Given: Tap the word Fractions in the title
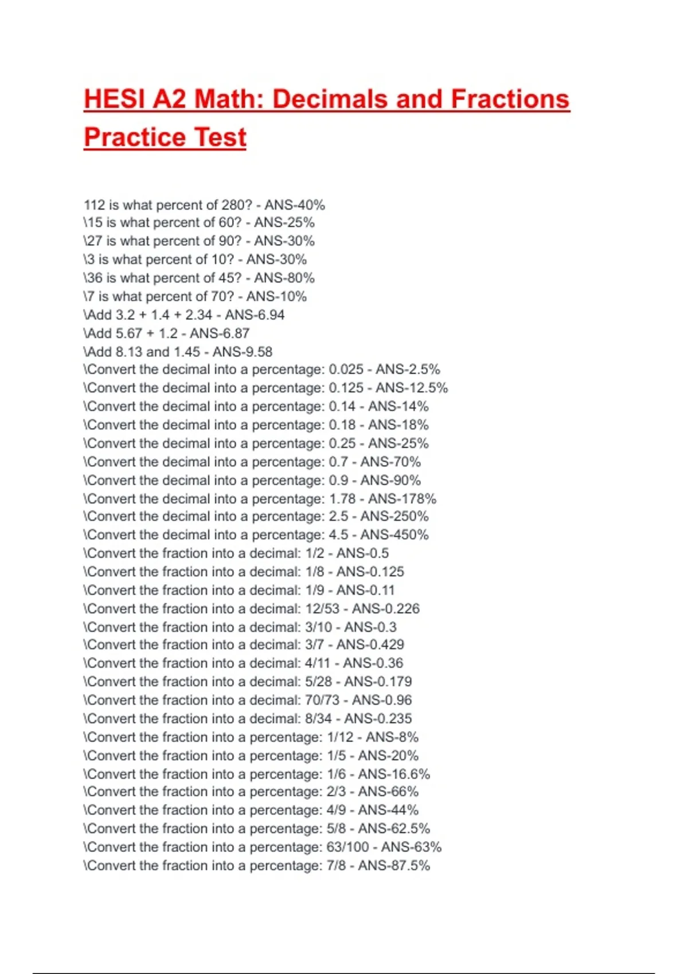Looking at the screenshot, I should coord(510,99).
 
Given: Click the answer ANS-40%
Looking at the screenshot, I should coord(295,205).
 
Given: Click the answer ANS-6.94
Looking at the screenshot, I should coord(255,315).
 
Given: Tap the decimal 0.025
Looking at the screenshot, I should coord(346,370).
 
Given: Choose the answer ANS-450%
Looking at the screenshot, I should coord(394,535).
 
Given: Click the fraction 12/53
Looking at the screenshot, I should coord(322,608).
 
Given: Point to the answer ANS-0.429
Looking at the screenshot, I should coord(370,645).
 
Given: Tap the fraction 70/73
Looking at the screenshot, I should coord(322,700).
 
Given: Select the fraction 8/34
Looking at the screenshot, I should coord(318,718).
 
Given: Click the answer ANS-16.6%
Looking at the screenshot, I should coord(394,774).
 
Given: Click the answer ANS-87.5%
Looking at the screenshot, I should coord(394,865).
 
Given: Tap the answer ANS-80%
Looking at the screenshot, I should coord(284,278).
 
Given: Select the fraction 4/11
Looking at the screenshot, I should coord(318,663).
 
